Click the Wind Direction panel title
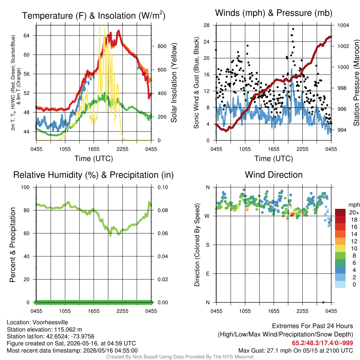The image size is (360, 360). pos(274,175)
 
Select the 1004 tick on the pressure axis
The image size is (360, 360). pos(343,25)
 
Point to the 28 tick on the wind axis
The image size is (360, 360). pos(206,25)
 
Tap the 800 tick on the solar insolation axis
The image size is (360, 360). pos(162,46)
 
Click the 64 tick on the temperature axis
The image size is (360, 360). pos(26,36)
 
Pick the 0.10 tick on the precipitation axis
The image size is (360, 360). pos(162,187)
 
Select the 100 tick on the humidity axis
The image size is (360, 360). pos(25,187)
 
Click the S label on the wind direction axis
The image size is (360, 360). pos(207,245)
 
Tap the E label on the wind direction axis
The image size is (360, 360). pos(207,274)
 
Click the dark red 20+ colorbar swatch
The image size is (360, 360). pos(340,212)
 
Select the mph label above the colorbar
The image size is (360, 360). pos(354,205)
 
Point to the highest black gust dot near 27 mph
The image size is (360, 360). pos(293,29)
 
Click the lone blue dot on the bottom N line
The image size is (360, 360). pos(323,302)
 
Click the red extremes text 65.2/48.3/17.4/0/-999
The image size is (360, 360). pos(322,343)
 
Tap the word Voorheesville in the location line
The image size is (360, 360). pos(50,322)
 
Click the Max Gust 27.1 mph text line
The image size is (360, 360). pos(295,351)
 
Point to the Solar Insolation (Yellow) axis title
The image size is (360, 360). pos(174,83)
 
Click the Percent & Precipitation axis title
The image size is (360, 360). pos(13,245)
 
